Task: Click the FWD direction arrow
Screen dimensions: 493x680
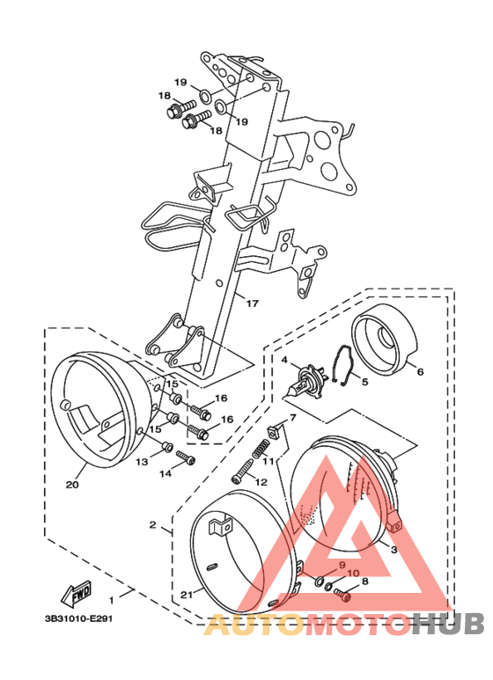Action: pos(77,593)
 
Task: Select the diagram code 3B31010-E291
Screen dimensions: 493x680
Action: pos(78,618)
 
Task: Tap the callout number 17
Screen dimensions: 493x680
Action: pos(252,303)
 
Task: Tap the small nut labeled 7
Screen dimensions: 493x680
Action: pos(276,432)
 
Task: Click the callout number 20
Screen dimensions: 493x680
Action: pos(72,484)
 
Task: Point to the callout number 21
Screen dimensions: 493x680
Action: pos(186,595)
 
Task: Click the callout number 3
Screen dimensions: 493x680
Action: pos(394,550)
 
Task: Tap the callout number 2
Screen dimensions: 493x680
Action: pos(152,525)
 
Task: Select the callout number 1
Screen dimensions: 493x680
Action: pos(112,600)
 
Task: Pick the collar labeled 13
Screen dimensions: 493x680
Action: pos(166,446)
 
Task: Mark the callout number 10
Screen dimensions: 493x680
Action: pos(353,573)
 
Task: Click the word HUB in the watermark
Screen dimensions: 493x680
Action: pos(447,625)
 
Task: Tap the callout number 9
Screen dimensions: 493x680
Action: pos(342,566)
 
